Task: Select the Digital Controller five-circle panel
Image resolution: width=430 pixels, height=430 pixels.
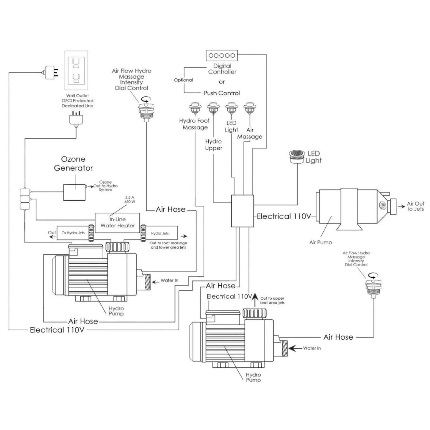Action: point(222,55)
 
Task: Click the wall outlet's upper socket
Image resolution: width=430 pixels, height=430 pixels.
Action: point(76,62)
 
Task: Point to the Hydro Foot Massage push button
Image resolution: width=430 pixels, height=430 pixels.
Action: point(195,108)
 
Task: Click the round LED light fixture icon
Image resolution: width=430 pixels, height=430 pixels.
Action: point(297,156)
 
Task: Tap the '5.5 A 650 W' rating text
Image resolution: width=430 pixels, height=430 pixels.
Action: point(129,200)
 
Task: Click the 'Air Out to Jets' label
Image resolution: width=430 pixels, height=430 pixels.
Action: point(415,206)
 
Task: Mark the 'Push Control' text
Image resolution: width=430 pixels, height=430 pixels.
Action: point(222,93)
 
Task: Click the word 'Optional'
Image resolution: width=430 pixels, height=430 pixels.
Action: point(183,80)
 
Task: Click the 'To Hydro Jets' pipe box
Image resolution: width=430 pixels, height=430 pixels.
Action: point(73,233)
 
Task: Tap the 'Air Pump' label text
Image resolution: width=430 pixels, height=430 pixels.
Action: point(320,242)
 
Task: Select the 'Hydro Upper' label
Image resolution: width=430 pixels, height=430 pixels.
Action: point(213,145)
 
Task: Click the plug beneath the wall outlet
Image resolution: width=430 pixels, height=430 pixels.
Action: point(76,119)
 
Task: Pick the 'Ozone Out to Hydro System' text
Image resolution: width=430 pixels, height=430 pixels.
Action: point(105,186)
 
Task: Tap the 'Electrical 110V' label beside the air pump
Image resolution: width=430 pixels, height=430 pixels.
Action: point(283,216)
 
